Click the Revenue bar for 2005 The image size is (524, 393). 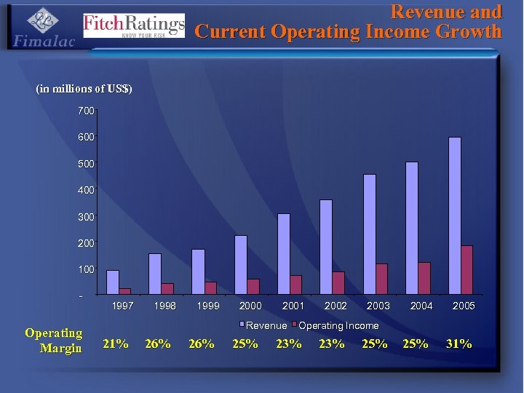click(455, 216)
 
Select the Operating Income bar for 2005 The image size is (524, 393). click(467, 270)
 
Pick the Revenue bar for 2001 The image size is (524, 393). click(283, 254)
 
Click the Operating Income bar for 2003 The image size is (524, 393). click(381, 279)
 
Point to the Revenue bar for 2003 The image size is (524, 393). click(369, 234)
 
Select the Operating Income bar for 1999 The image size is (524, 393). click(210, 288)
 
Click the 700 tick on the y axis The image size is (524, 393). click(86, 111)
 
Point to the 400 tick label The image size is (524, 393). click(86, 190)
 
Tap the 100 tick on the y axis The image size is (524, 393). click(86, 269)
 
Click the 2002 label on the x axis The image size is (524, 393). click(336, 306)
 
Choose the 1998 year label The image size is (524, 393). click(165, 306)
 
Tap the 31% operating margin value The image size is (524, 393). click(459, 344)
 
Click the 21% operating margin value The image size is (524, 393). click(116, 344)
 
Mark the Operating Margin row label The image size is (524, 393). click(55, 341)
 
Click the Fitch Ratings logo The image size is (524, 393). click(134, 25)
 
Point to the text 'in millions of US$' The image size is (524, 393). click(84, 89)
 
